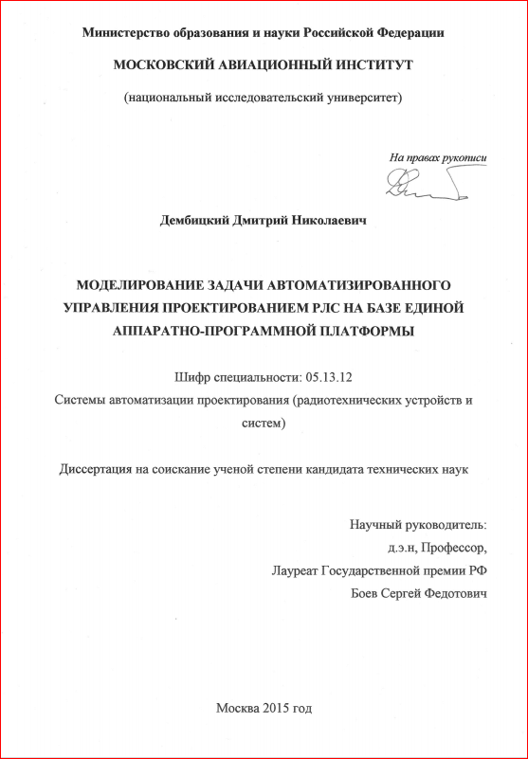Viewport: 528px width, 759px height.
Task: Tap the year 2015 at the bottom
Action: click(273, 708)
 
